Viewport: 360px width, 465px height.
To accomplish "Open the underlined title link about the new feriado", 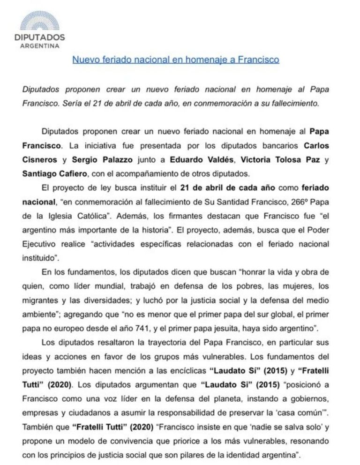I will click(x=176, y=60).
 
